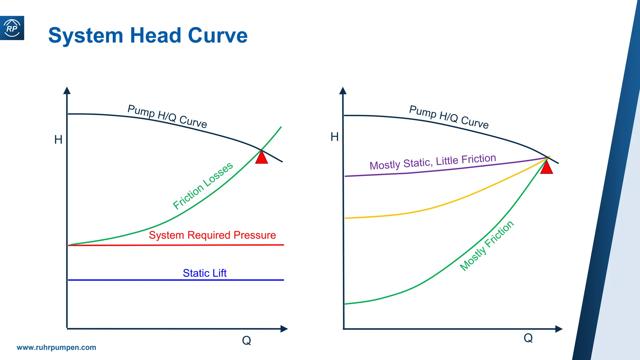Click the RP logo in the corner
(12, 28)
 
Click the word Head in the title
(155, 35)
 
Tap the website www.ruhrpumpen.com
(56, 347)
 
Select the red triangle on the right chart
(547, 168)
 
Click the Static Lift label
(205, 273)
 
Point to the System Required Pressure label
(212, 235)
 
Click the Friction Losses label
(203, 185)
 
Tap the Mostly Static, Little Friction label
(433, 162)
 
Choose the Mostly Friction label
(487, 246)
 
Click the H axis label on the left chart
(58, 140)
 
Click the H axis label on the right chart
(335, 137)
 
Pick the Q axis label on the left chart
(247, 340)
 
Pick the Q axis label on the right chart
(528, 338)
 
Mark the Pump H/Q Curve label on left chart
(167, 116)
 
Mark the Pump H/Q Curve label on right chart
(449, 117)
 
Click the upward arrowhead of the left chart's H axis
(67, 91)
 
